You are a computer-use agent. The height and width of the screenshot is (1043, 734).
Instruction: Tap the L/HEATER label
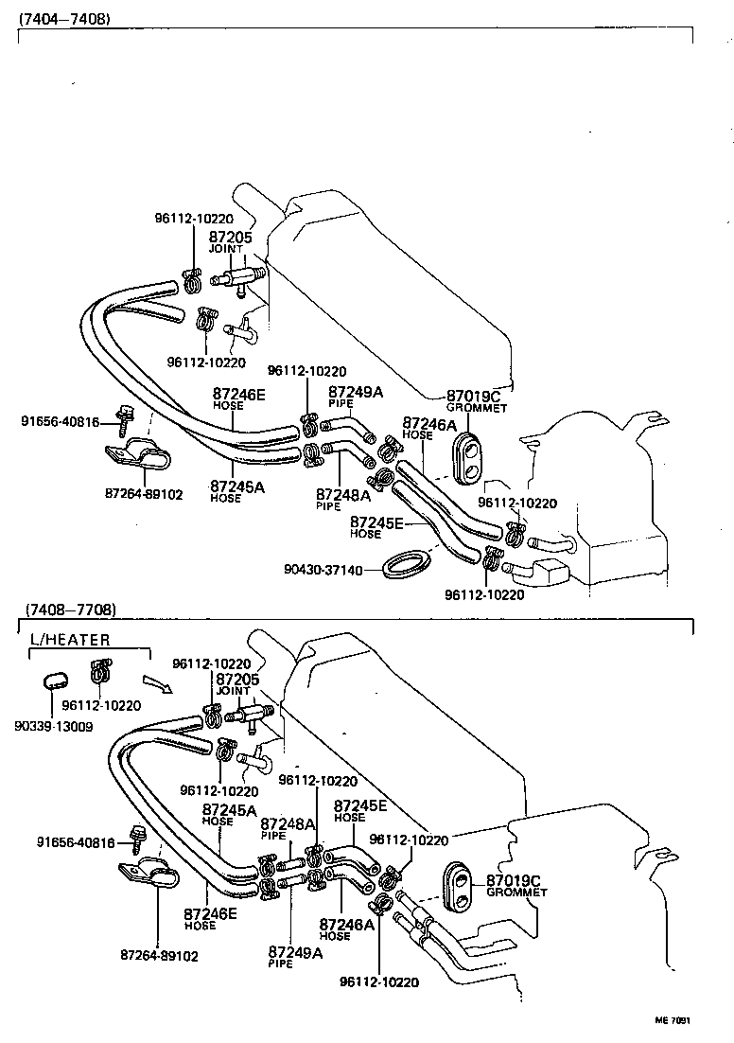point(70,640)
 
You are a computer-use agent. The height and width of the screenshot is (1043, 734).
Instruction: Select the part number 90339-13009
point(53,726)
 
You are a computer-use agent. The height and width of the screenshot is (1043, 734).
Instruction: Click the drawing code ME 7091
point(673,1021)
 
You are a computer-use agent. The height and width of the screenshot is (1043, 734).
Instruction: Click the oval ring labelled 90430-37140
point(408,566)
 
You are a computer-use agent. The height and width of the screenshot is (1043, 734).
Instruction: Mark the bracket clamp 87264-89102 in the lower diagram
point(150,876)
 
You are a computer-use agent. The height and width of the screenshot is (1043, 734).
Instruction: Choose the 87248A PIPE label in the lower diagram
point(287,828)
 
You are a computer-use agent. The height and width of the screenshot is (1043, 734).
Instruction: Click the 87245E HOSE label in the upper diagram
point(376,526)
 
